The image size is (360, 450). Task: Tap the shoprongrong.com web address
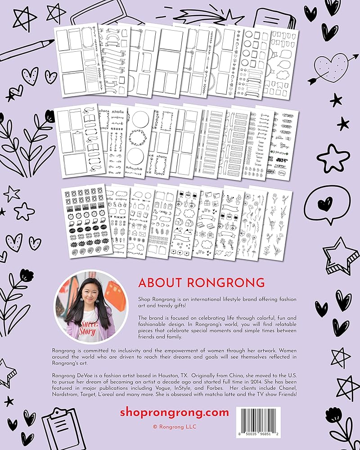(x=175, y=413)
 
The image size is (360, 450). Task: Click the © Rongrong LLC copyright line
(x=175, y=427)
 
